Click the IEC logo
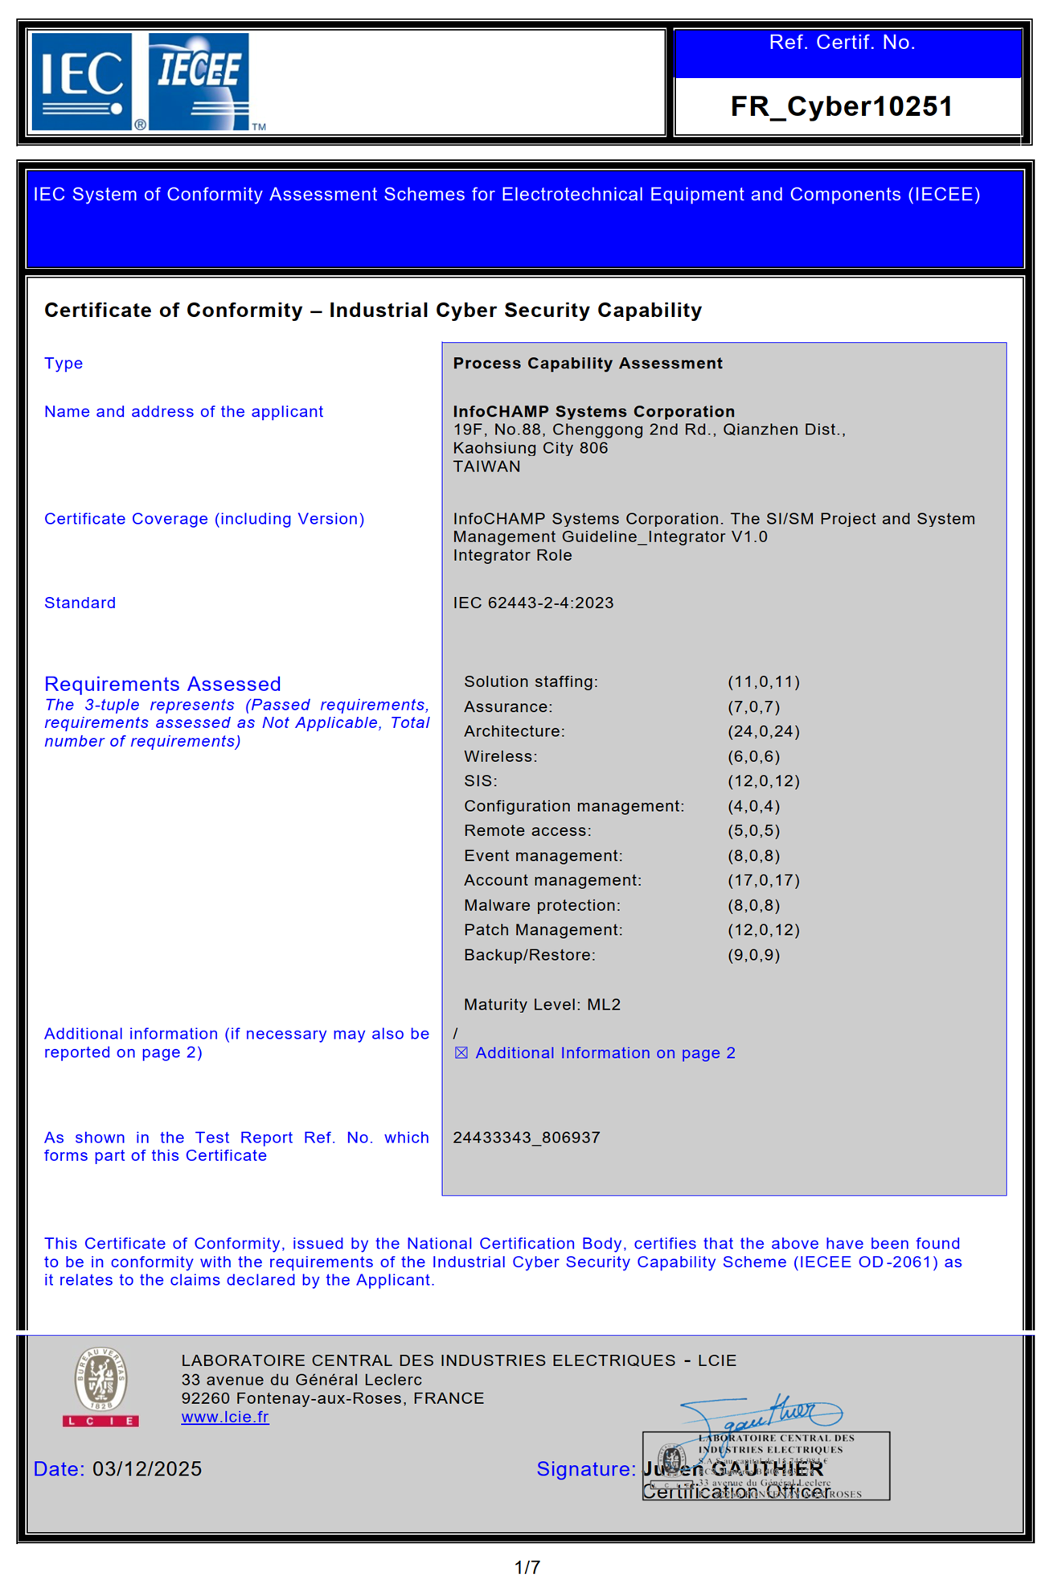click(x=81, y=81)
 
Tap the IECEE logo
click(x=199, y=81)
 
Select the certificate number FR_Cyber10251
click(x=841, y=106)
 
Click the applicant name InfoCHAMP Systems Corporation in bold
click(x=593, y=411)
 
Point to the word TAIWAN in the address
click(x=486, y=467)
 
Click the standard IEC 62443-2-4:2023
click(x=533, y=603)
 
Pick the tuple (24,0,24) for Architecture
click(x=763, y=731)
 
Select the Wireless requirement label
click(x=500, y=756)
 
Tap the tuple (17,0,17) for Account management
click(x=763, y=880)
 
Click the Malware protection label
click(x=542, y=905)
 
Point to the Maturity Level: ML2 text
click(x=542, y=1004)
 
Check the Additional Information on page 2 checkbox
click(x=461, y=1053)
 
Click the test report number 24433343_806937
click(x=526, y=1138)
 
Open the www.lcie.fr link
click(x=225, y=1417)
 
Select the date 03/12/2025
click(x=147, y=1469)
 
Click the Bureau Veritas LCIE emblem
click(x=100, y=1386)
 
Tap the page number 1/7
click(x=527, y=1567)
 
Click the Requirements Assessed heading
click(x=162, y=684)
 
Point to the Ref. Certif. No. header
click(x=842, y=43)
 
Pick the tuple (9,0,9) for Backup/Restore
click(x=753, y=955)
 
